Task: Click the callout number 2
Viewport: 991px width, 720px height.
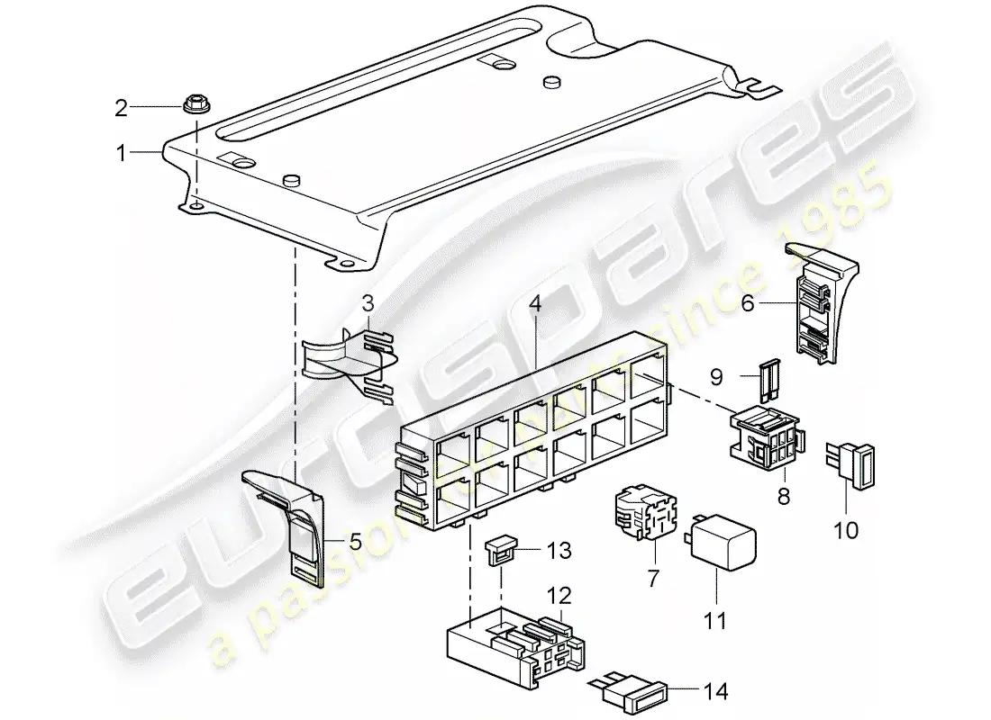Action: (121, 109)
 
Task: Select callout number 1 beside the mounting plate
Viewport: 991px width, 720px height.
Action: (121, 154)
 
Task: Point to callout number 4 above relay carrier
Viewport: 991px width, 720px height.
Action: (535, 304)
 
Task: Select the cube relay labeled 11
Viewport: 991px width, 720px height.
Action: (723, 545)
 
